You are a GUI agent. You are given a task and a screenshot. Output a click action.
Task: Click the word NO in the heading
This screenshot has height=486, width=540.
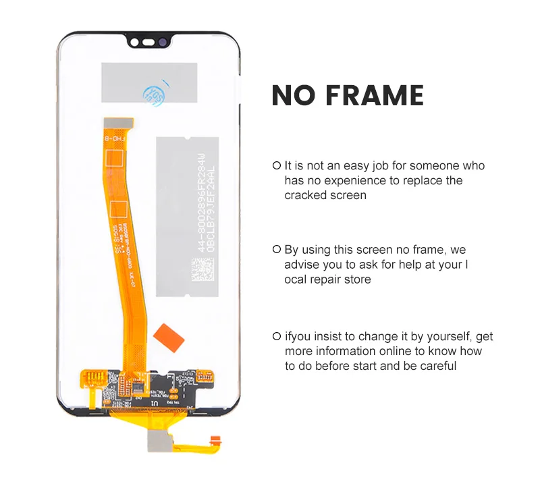pyautogui.click(x=292, y=96)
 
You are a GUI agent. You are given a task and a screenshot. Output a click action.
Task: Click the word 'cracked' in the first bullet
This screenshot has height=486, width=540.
pyautogui.click(x=304, y=195)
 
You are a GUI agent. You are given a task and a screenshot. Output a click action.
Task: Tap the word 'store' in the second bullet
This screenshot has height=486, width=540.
pyautogui.click(x=356, y=279)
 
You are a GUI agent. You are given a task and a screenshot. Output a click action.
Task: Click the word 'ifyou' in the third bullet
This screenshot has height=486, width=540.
pyautogui.click(x=299, y=336)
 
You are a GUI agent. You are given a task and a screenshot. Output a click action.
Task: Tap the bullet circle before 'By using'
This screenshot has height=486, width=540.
pyautogui.click(x=276, y=250)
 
